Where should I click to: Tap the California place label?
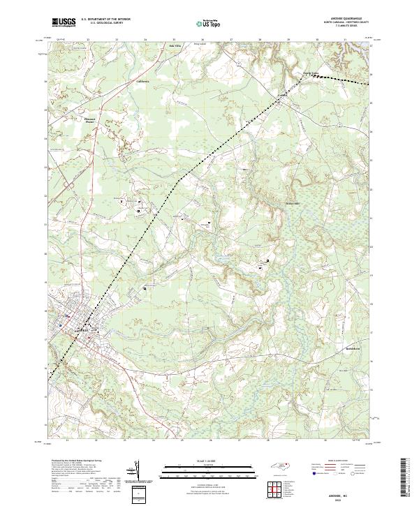coord(142,81)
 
